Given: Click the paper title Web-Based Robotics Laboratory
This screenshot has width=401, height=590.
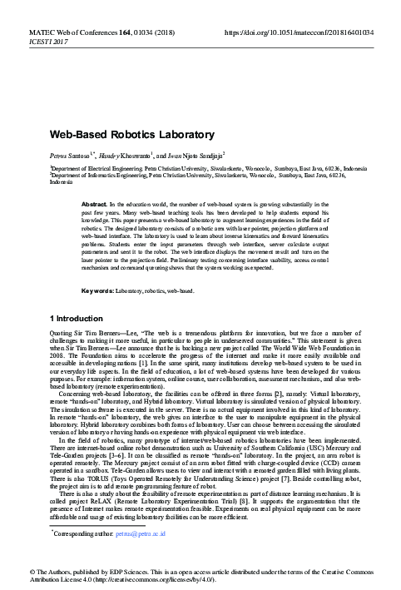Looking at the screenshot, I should [132, 134].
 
